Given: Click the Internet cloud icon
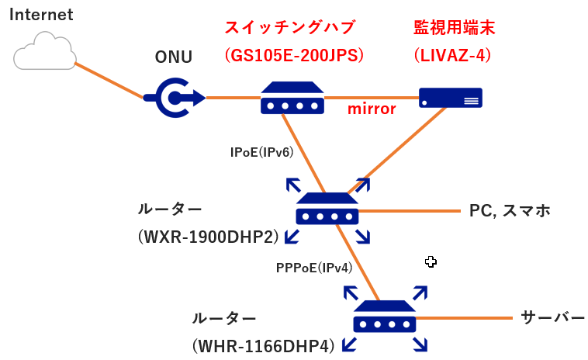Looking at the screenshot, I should [x=45, y=53].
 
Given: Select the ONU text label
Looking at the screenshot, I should [x=174, y=57].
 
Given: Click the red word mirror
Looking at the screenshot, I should [x=372, y=109].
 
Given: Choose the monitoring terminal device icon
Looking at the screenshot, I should [x=450, y=97].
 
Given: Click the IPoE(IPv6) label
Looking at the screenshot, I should [x=261, y=152].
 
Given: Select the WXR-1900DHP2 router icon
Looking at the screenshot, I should [x=327, y=209].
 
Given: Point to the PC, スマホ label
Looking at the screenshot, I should [x=510, y=210].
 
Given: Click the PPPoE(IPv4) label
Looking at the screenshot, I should [x=314, y=268].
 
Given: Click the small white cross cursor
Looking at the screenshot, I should [x=431, y=262].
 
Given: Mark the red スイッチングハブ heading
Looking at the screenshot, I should [x=289, y=28].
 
